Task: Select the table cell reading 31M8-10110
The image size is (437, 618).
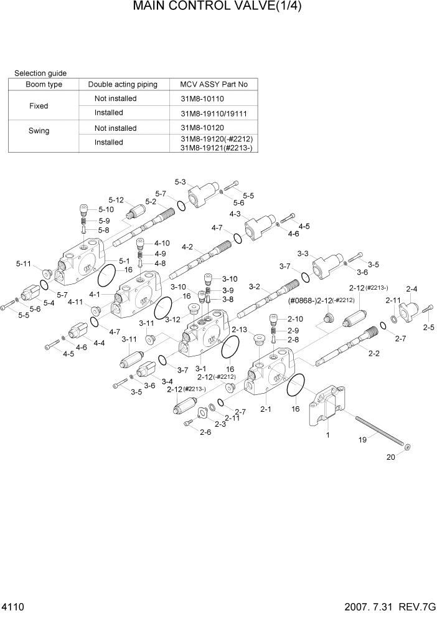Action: coord(202,99)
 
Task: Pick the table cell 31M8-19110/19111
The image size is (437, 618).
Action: coord(213,113)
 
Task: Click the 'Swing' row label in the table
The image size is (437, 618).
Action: coord(39,131)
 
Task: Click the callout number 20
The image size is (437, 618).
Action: coord(391,456)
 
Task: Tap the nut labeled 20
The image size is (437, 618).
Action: coord(407,447)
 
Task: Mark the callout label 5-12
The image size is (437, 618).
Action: coord(116,200)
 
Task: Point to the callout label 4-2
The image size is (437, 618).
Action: coord(187,247)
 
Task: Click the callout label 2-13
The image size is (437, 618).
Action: coord(240,330)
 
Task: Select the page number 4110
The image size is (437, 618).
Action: coord(14,606)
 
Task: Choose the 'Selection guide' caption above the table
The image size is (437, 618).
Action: coord(40,73)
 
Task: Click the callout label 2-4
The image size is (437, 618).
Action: coord(411,289)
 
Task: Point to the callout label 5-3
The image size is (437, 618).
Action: coord(180,182)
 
